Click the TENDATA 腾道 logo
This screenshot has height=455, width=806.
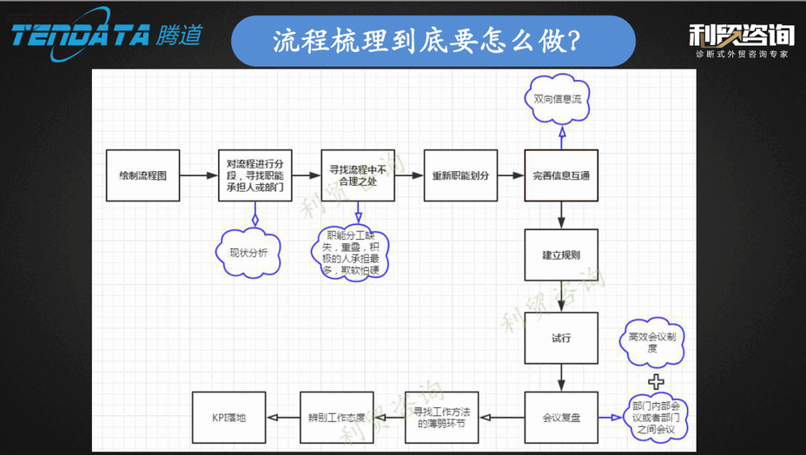[106, 35]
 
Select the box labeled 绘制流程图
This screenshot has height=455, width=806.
[143, 175]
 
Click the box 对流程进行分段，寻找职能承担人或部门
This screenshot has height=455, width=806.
[254, 175]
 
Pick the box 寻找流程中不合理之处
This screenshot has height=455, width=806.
[357, 175]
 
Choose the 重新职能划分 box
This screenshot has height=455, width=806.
[460, 175]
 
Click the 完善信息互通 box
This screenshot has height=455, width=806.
[561, 175]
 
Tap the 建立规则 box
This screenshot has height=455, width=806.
[561, 255]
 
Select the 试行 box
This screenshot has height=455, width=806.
[561, 338]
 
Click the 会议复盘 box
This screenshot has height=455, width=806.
[561, 418]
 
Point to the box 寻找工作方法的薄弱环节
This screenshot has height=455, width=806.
[441, 418]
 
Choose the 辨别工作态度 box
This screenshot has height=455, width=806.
[336, 418]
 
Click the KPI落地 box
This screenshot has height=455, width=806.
[229, 418]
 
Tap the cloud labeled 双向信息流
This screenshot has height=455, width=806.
[562, 100]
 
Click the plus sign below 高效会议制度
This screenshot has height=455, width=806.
[657, 380]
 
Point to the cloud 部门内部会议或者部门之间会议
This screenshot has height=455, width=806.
[656, 417]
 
